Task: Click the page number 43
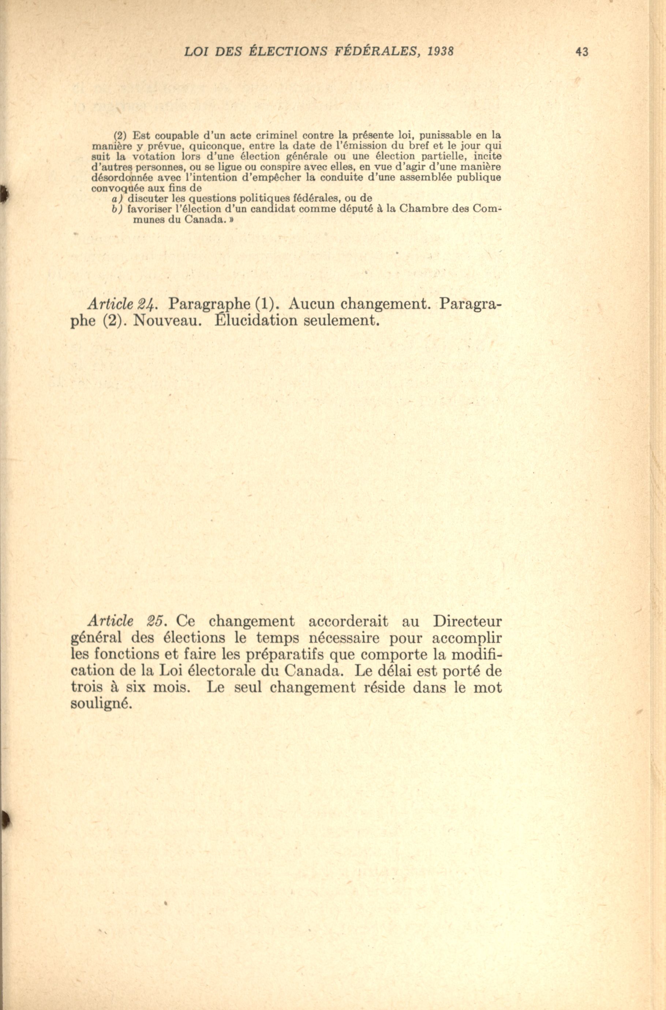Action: point(581,52)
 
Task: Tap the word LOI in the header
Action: point(197,52)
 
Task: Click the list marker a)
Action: point(117,198)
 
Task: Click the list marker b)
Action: point(117,209)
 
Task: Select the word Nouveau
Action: point(166,320)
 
